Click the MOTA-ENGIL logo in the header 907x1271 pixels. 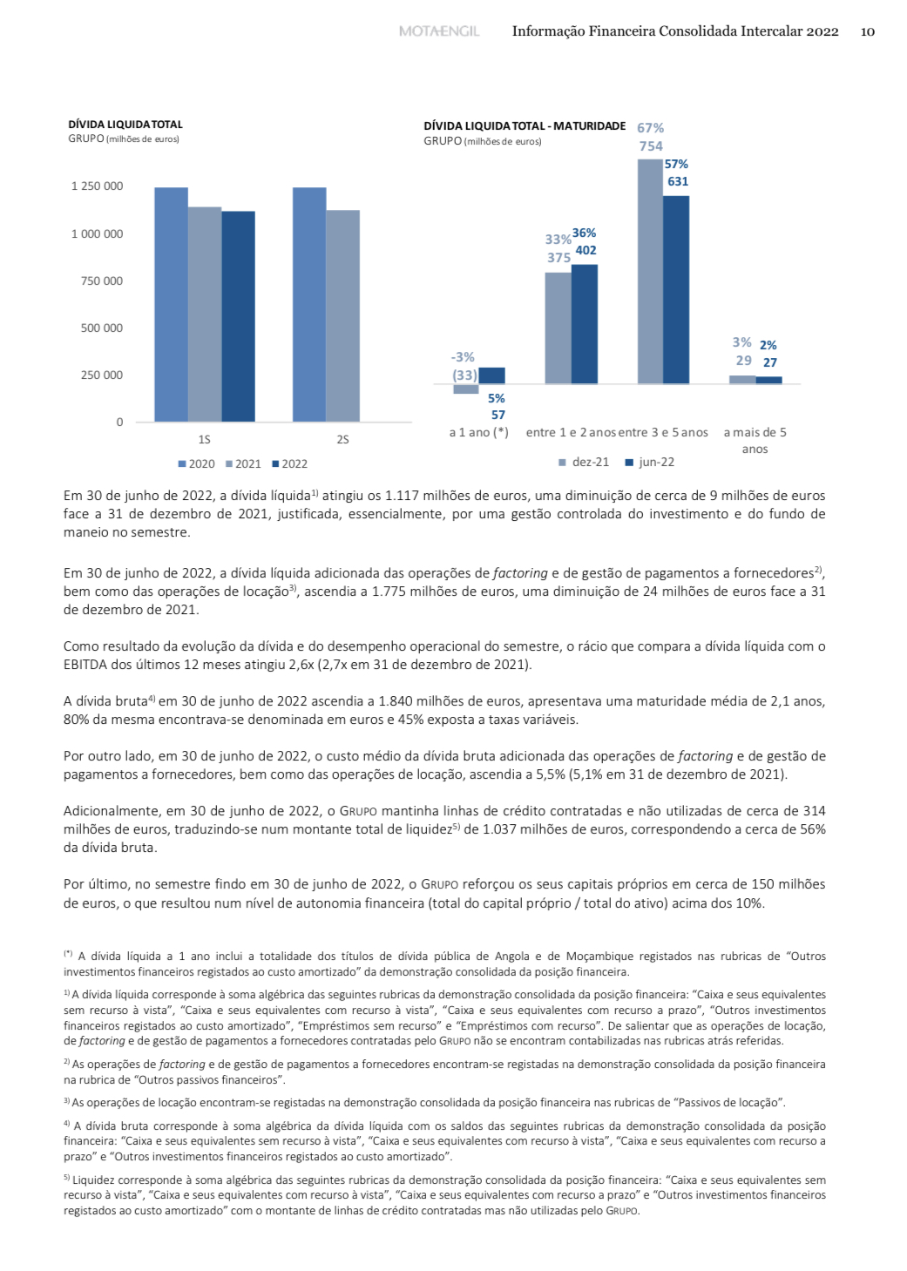(x=439, y=31)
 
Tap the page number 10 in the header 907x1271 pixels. (x=867, y=31)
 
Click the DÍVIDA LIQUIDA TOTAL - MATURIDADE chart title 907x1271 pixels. (x=525, y=126)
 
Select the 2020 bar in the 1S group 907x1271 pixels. (x=172, y=305)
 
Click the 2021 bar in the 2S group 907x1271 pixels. (x=342, y=315)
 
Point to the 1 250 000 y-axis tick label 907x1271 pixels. (x=97, y=186)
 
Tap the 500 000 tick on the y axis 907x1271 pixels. (x=102, y=328)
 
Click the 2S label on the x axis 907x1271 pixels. (x=342, y=440)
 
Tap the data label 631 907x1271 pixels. (x=678, y=182)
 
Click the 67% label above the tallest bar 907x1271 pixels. (x=650, y=128)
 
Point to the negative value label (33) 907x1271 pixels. (x=464, y=375)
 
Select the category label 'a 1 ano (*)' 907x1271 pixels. (x=478, y=433)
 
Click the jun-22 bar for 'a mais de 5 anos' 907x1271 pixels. (x=768, y=380)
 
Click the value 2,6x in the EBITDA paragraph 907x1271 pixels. (x=425, y=665)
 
